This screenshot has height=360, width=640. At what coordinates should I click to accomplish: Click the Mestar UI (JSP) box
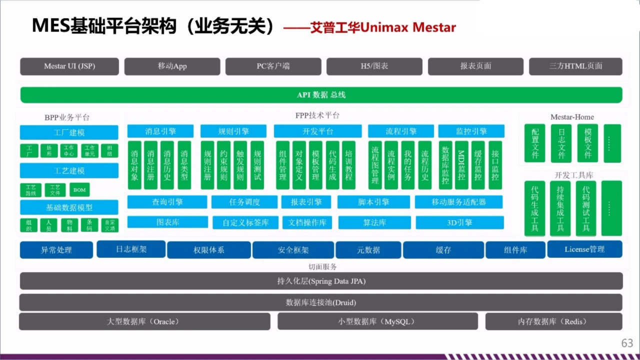pyautogui.click(x=69, y=66)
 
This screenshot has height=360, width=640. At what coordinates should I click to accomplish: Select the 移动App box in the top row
pyautogui.click(x=172, y=66)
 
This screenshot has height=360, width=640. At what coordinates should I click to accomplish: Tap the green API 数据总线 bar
pyautogui.click(x=321, y=95)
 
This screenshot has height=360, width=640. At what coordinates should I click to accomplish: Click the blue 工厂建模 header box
pyautogui.click(x=69, y=132)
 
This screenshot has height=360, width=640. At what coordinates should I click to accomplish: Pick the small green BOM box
pyautogui.click(x=79, y=190)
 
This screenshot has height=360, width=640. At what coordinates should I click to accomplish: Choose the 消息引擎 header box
pyautogui.click(x=160, y=131)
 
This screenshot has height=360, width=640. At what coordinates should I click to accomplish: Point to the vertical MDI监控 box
pyautogui.click(x=461, y=164)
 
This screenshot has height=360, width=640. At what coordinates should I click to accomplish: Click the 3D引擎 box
pyautogui.click(x=459, y=222)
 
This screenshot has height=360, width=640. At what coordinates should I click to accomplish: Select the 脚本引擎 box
pyautogui.click(x=373, y=202)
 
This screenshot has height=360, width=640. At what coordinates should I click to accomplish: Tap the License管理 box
pyautogui.click(x=584, y=249)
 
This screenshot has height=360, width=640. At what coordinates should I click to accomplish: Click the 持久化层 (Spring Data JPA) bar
pyautogui.click(x=321, y=281)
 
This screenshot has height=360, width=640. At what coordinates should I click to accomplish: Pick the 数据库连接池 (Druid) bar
pyautogui.click(x=321, y=302)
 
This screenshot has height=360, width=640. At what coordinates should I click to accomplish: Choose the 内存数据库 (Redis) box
pyautogui.click(x=553, y=321)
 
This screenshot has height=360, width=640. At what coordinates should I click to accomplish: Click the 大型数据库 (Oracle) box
pyautogui.click(x=144, y=321)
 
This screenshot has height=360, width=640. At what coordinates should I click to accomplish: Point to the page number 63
pyautogui.click(x=627, y=343)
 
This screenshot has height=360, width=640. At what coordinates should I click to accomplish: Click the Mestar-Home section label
pyautogui.click(x=572, y=117)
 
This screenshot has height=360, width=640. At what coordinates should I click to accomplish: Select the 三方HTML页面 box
pyautogui.click(x=575, y=66)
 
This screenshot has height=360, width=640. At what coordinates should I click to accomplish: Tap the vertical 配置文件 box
pyautogui.click(x=535, y=143)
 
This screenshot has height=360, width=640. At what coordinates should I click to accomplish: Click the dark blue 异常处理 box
pyautogui.click(x=56, y=250)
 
